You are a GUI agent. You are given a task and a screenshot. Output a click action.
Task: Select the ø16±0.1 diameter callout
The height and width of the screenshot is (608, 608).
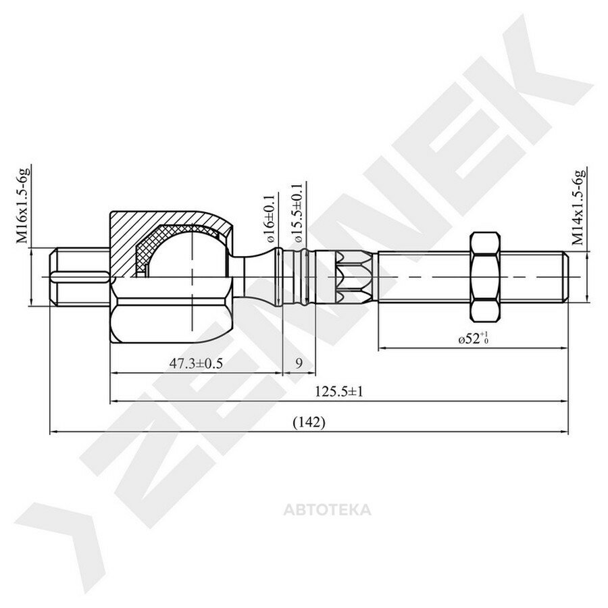point(270,219)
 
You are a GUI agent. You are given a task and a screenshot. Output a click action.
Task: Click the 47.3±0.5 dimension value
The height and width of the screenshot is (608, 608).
point(196,363)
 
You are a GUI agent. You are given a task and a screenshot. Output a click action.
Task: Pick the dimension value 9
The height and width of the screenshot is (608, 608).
point(299,363)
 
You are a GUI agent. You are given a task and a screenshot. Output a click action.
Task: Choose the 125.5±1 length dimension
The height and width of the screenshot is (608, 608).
point(339,392)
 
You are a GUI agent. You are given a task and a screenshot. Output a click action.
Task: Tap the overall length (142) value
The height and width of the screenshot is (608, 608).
point(309,422)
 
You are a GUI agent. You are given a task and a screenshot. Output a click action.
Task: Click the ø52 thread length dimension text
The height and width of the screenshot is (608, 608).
point(472,338)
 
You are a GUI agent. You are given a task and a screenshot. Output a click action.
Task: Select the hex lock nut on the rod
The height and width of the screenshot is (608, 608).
point(484,277)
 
